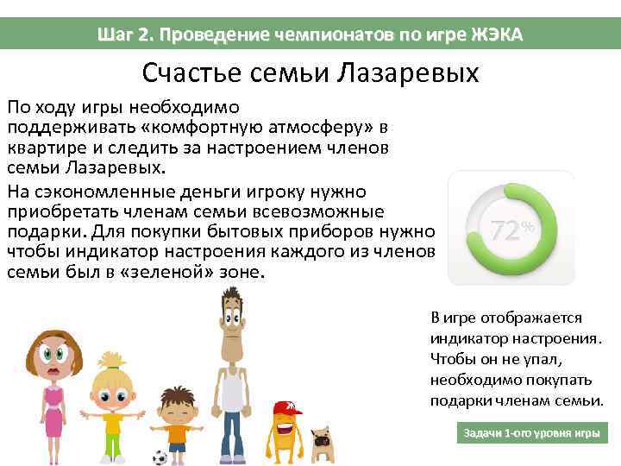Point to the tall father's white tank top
231,387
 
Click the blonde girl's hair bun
111,358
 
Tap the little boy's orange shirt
178,431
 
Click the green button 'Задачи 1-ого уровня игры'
531,432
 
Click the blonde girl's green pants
113,445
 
